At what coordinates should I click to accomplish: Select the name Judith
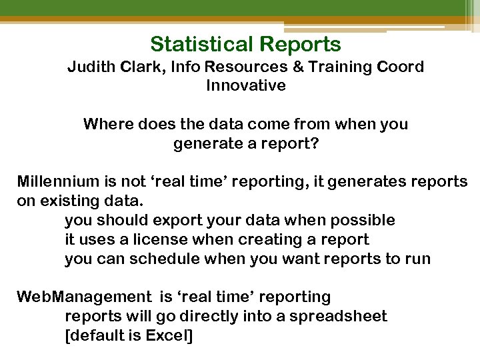tap(92, 68)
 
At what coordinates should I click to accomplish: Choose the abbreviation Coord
tap(401, 68)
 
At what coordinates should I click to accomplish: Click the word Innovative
tap(245, 86)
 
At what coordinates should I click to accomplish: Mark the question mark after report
tap(315, 144)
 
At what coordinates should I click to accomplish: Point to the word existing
tap(65, 201)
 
